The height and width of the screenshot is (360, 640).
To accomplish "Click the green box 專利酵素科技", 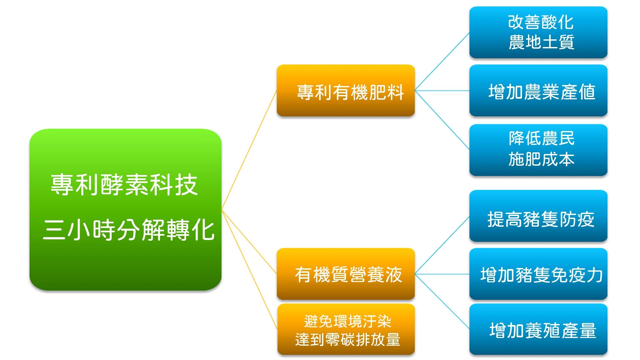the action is pyautogui.click(x=125, y=210).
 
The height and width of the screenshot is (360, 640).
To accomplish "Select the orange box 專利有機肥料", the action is pyautogui.click(x=346, y=90).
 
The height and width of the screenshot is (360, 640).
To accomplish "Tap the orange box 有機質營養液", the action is pyautogui.click(x=346, y=274).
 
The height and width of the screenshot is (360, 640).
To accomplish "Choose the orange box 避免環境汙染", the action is pyautogui.click(x=346, y=329).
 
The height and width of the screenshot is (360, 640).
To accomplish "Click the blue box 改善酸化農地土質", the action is pyautogui.click(x=538, y=32).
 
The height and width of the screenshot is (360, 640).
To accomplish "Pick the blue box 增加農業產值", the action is pyautogui.click(x=538, y=90).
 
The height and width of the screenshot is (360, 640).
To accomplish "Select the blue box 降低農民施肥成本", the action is pyautogui.click(x=538, y=150).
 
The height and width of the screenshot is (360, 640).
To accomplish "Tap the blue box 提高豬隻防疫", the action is pyautogui.click(x=538, y=216).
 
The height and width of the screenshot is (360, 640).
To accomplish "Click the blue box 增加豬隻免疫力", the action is pyautogui.click(x=538, y=274).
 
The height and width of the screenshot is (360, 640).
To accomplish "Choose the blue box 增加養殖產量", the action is pyautogui.click(x=538, y=329).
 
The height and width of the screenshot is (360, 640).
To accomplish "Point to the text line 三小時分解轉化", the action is pyautogui.click(x=129, y=230).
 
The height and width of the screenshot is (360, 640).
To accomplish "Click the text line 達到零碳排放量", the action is pyautogui.click(x=348, y=340).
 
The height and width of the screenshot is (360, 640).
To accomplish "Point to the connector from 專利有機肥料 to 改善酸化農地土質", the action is pyautogui.click(x=442, y=61).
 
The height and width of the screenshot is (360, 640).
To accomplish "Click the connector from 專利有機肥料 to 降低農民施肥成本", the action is pyautogui.click(x=442, y=120).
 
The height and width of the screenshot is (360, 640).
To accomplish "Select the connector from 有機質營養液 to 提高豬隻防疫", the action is pyautogui.click(x=442, y=245).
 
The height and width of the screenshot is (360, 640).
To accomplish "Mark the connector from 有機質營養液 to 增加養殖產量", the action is pyautogui.click(x=442, y=302).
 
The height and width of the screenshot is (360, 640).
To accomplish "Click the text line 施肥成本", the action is pyautogui.click(x=542, y=159).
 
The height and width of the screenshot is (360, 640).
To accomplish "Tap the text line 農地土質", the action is pyautogui.click(x=542, y=42).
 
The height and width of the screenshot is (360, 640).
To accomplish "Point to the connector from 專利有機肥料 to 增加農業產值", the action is pyautogui.click(x=442, y=90).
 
